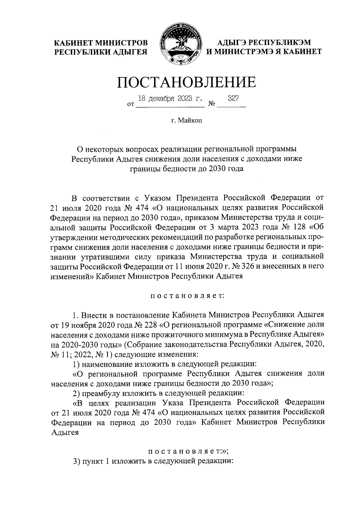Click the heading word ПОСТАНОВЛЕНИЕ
(x=186, y=82)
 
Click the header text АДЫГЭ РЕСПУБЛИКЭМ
(x=264, y=42)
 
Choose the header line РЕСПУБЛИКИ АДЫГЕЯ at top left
(x=100, y=52)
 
